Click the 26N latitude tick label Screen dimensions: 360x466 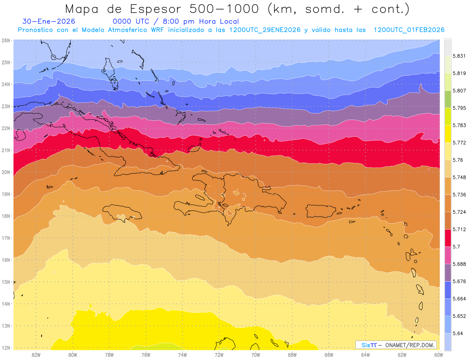6,40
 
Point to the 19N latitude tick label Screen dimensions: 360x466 6,194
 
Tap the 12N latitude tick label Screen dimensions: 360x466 6,348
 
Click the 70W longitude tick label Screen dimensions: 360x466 256,355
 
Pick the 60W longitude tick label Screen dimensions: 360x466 439,355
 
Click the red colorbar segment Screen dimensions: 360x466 448,238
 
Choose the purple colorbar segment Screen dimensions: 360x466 448,272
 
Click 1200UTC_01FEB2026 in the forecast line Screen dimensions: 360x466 409,30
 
